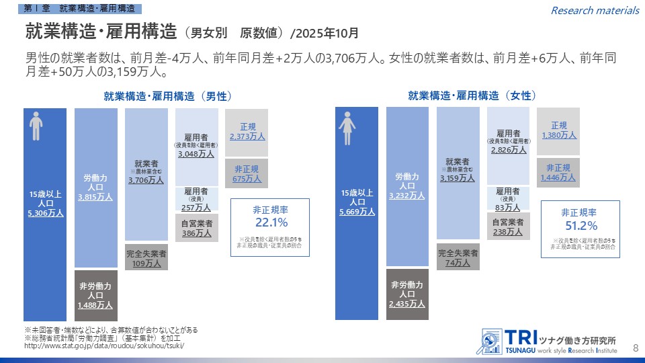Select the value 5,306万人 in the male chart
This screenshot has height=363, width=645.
pos(46,213)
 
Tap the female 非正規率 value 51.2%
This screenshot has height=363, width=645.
pos(580,225)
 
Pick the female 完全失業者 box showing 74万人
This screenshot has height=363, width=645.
pos(458,259)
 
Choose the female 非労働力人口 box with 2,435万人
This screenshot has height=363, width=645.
pos(407,294)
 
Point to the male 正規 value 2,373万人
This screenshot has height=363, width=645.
pos(247,136)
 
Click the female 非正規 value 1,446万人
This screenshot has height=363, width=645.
pos(558,177)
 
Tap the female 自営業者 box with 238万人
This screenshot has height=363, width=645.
pos(508,227)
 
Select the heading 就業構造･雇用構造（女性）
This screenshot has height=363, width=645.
pos(472,95)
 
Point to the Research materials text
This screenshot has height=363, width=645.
pos(595,10)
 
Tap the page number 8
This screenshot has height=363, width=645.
pos(636,347)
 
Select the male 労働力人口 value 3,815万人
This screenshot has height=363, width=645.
pos(95,197)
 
